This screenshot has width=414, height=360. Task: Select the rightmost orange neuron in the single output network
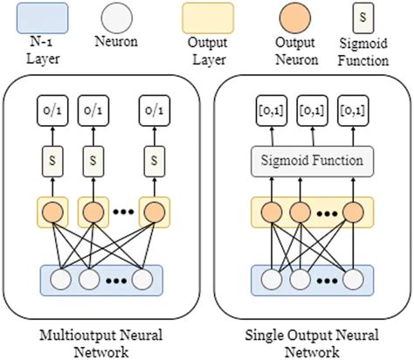point(354,211)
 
